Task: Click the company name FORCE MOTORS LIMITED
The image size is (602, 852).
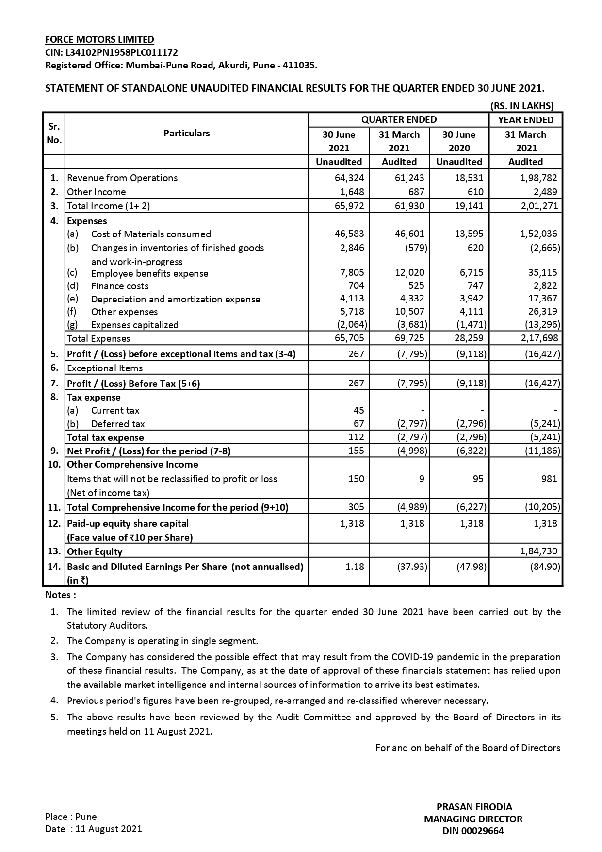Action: tap(99, 40)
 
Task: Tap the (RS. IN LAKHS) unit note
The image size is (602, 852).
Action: tap(522, 106)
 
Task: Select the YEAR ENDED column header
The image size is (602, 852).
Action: tap(525, 120)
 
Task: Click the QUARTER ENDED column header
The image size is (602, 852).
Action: tap(399, 120)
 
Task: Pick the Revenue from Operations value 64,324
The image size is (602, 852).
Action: tap(349, 178)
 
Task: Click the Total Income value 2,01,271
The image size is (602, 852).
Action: tap(539, 206)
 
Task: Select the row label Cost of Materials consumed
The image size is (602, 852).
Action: tap(151, 234)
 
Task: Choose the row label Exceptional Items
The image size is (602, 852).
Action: tap(105, 368)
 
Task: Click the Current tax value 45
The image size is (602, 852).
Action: tap(358, 410)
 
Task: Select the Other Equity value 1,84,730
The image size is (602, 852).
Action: tap(538, 551)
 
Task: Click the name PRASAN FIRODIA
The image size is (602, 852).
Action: tap(474, 807)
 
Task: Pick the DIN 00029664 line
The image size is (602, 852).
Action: tap(473, 831)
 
